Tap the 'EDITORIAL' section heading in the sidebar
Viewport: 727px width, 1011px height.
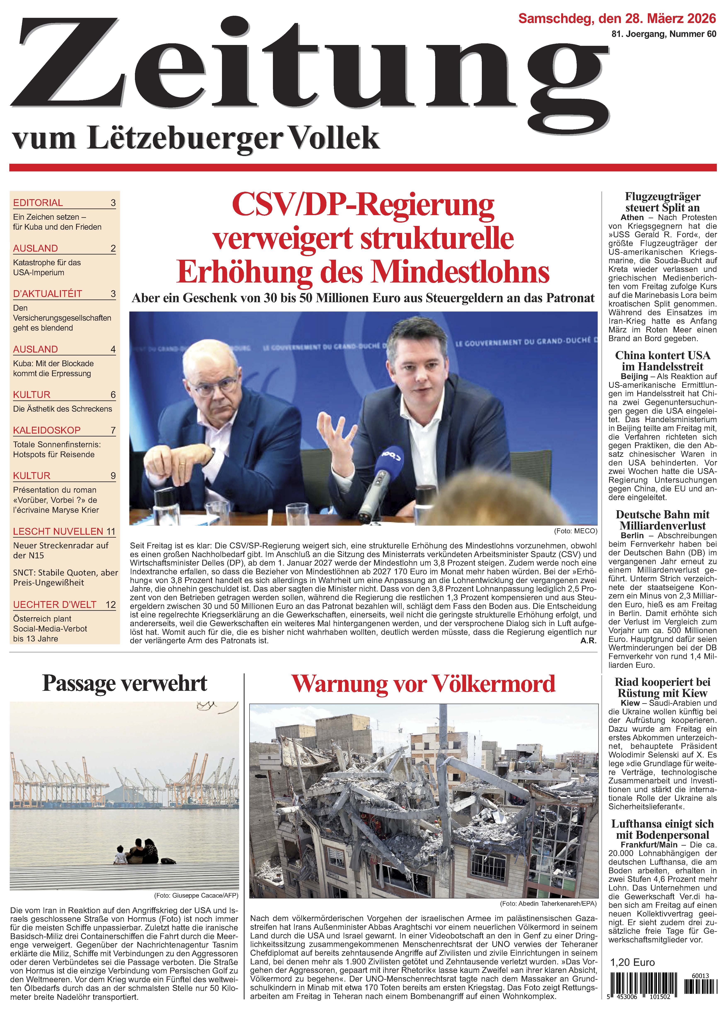tap(38, 203)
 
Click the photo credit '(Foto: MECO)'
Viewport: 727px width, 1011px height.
tap(575, 531)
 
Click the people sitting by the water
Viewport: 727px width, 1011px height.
tap(138, 853)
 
